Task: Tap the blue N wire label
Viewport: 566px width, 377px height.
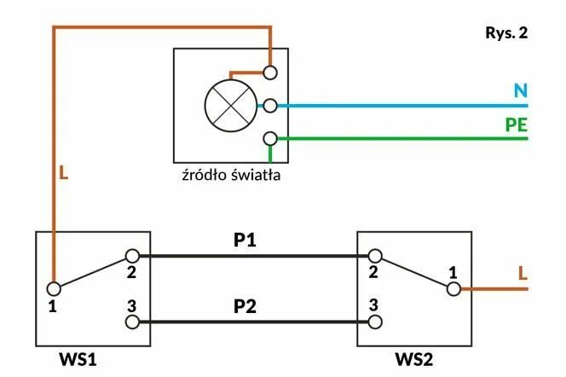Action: point(520,90)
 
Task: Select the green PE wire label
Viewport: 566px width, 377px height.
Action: point(516,125)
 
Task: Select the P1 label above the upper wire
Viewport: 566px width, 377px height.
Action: point(245,241)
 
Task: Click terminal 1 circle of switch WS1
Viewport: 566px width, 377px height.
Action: point(53,288)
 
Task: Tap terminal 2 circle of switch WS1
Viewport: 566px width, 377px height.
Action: point(132,255)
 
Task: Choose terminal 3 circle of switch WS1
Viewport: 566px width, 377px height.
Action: point(132,322)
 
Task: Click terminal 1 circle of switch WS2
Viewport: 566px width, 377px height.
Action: point(453,288)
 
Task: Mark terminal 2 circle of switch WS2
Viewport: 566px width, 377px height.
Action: point(374,255)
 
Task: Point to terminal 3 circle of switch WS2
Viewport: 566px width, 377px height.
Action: point(374,322)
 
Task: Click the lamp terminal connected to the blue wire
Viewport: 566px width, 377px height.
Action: point(270,106)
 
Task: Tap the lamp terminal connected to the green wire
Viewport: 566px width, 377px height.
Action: point(270,138)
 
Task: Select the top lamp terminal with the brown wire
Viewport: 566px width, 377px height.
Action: point(270,72)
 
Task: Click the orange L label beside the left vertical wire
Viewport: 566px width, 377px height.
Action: point(63,173)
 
